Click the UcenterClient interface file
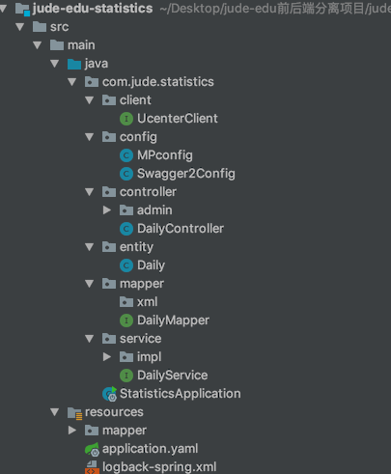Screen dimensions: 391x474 click(178, 119)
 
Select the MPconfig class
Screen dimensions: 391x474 click(165, 155)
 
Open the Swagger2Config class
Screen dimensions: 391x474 click(186, 174)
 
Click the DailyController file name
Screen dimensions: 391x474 click(181, 229)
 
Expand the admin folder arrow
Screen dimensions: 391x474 click(107, 210)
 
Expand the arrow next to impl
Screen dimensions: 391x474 click(107, 356)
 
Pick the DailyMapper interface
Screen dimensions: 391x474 click(173, 321)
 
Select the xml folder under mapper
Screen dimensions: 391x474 click(147, 302)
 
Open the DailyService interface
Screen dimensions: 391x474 click(172, 376)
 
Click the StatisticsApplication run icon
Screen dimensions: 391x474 click(109, 394)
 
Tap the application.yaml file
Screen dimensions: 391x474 click(150, 449)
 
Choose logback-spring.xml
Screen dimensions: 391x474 click(159, 467)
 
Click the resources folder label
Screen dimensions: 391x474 click(114, 412)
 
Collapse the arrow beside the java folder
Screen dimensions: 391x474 click(55, 64)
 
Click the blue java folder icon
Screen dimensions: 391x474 click(74, 64)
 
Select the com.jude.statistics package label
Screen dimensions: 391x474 click(158, 82)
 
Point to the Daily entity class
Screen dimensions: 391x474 click(151, 265)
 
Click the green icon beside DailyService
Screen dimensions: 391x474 click(126, 376)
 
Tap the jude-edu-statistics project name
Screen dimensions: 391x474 click(93, 9)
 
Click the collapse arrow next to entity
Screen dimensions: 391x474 click(90, 247)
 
